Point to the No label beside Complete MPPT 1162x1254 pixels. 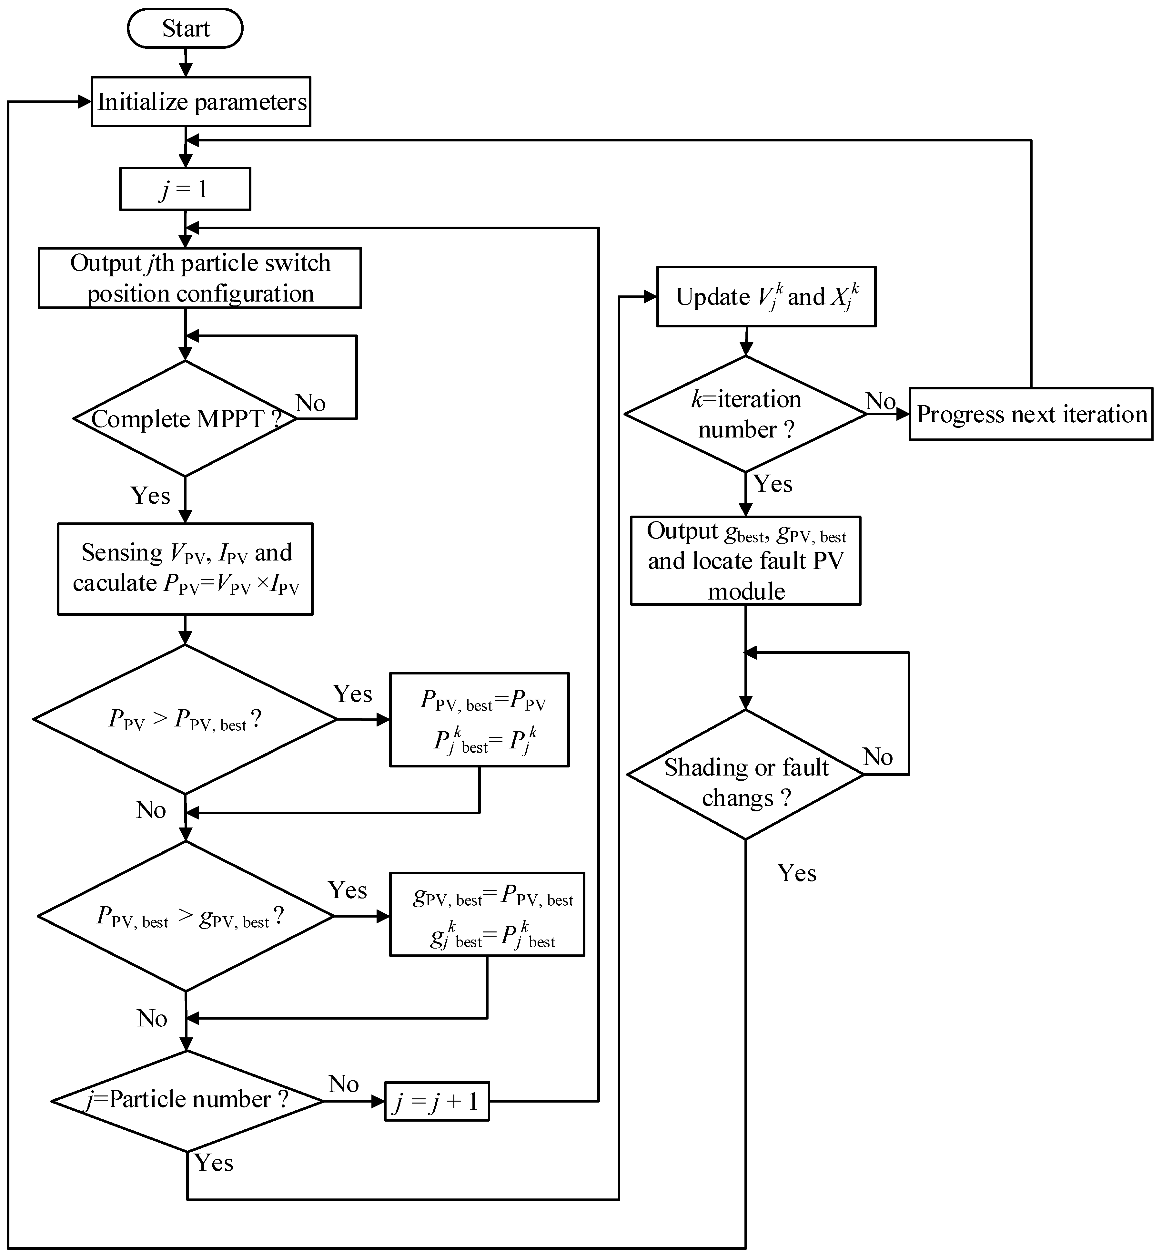pos(311,403)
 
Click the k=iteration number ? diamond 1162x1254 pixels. pos(746,414)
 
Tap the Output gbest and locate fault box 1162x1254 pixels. pos(746,560)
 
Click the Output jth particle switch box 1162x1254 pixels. pos(200,277)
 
